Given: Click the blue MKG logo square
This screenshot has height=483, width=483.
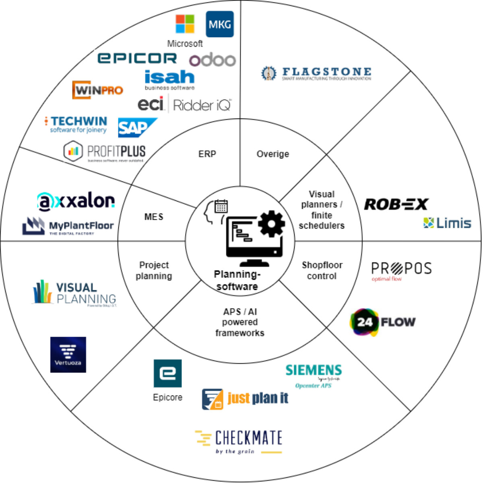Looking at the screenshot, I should click(x=219, y=24).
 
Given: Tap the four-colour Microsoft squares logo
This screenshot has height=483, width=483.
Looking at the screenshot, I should click(x=185, y=24).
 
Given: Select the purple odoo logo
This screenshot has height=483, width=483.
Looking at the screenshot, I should click(x=213, y=60).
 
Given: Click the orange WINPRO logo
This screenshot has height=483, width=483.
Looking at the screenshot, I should click(x=98, y=90).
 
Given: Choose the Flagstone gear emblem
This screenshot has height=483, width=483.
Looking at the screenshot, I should click(x=268, y=73).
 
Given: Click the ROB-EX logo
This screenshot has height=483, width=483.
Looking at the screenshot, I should click(x=396, y=204).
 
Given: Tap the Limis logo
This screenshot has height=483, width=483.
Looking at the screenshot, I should click(x=447, y=223).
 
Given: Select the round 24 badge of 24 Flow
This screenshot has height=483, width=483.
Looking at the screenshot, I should click(x=364, y=322).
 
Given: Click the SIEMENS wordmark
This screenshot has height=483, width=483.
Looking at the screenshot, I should click(x=314, y=370).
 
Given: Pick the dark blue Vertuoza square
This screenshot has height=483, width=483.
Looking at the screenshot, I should click(x=68, y=354).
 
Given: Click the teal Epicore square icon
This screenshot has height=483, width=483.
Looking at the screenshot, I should click(x=167, y=373).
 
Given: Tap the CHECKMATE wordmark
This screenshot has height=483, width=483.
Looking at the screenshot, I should click(x=248, y=438).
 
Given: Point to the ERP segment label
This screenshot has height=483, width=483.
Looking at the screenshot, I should click(x=207, y=154).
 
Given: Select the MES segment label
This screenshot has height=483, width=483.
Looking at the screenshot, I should click(x=154, y=217).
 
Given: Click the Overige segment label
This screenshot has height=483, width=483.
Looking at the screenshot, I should click(x=273, y=154).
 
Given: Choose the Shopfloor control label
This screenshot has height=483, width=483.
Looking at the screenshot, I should click(x=322, y=271).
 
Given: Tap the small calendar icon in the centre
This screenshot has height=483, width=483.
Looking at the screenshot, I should click(x=221, y=206).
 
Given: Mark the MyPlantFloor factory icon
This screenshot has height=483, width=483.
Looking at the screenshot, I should click(x=33, y=226).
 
